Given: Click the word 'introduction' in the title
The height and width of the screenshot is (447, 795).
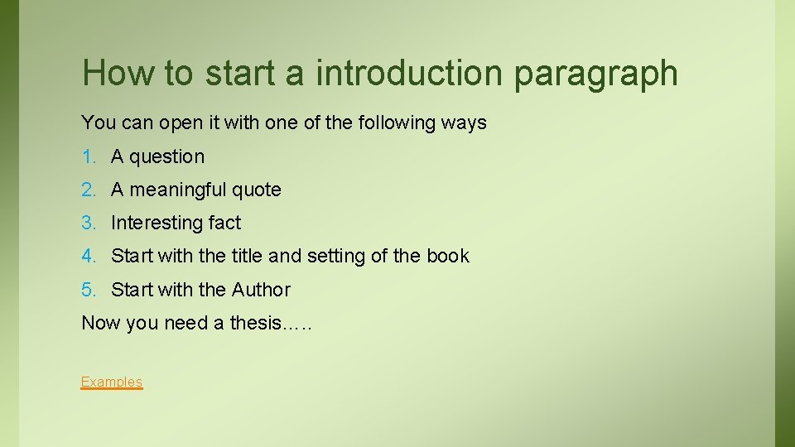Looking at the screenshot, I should (x=409, y=73).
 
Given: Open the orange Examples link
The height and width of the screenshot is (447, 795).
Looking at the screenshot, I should (x=112, y=382).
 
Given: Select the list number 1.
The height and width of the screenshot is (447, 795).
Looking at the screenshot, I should (x=89, y=156).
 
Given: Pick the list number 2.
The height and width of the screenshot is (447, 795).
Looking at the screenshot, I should (x=89, y=190).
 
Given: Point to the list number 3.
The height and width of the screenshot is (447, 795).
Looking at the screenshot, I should (x=89, y=223).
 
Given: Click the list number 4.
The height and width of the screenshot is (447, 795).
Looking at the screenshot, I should (x=89, y=257).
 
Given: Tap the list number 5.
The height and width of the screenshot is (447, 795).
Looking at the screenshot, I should (x=89, y=290).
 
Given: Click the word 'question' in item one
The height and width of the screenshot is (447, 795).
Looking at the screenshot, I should (x=166, y=157).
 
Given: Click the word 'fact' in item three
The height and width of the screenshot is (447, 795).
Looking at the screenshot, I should (x=224, y=223).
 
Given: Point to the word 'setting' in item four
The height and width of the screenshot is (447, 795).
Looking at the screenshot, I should (x=335, y=257).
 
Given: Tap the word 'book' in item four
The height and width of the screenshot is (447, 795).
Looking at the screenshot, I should (x=448, y=256).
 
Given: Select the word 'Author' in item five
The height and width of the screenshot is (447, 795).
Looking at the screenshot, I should (x=261, y=290).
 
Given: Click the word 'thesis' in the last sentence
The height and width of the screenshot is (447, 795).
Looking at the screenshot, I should (x=255, y=323).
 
